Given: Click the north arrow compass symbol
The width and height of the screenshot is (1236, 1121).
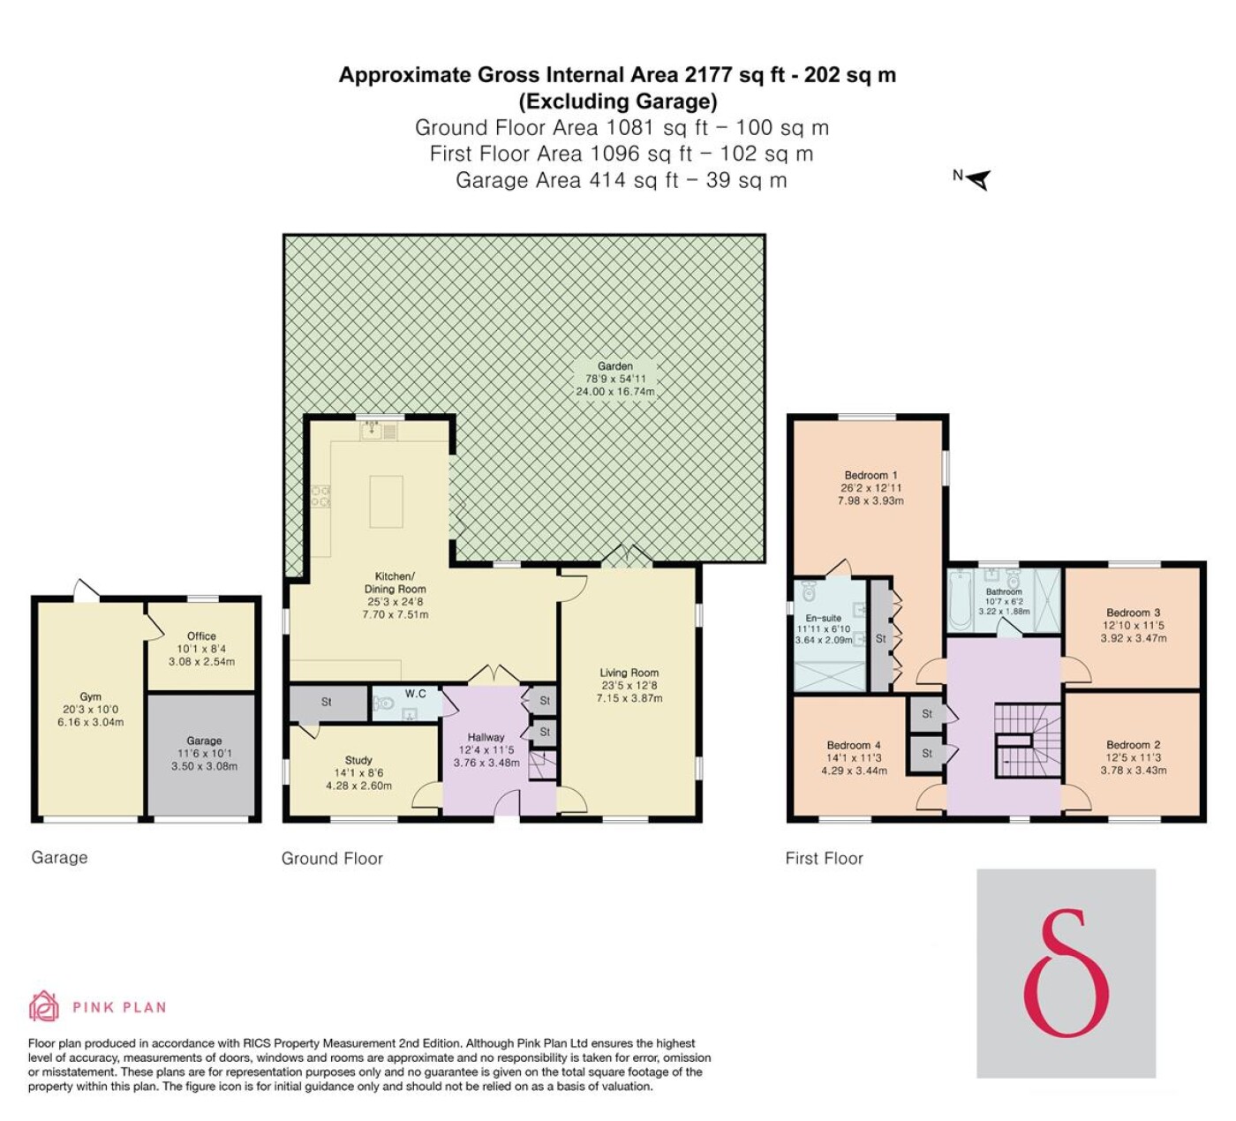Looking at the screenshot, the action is click(978, 179).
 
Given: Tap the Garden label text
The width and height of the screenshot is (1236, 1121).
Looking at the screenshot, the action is click(615, 366).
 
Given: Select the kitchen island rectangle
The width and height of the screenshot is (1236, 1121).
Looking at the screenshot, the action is click(387, 501).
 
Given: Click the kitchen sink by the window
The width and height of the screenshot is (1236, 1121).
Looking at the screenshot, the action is click(373, 430).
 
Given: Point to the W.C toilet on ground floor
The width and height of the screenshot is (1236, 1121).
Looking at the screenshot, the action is click(385, 703).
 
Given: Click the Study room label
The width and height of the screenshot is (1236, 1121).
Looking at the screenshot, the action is click(358, 760).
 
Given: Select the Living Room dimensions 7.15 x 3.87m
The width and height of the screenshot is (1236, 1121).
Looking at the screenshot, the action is click(629, 698).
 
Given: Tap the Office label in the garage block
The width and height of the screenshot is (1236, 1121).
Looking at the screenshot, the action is click(201, 636).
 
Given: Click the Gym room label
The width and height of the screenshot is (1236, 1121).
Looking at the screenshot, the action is click(91, 696).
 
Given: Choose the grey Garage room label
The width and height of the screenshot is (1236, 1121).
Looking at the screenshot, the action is click(204, 741).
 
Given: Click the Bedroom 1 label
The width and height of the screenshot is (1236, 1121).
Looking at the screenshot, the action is click(870, 475).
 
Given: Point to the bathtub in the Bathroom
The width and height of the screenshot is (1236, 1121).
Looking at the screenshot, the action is click(960, 600).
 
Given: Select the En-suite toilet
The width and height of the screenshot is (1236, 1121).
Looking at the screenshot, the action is click(810, 592).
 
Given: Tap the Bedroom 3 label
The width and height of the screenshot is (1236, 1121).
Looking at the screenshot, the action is click(1133, 613).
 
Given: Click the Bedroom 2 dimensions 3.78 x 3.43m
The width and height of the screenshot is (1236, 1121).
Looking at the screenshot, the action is click(1134, 771).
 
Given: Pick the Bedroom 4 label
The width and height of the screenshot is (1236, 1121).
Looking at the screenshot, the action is click(854, 745).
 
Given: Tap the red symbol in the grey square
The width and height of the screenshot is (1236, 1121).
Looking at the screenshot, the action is click(1066, 973).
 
